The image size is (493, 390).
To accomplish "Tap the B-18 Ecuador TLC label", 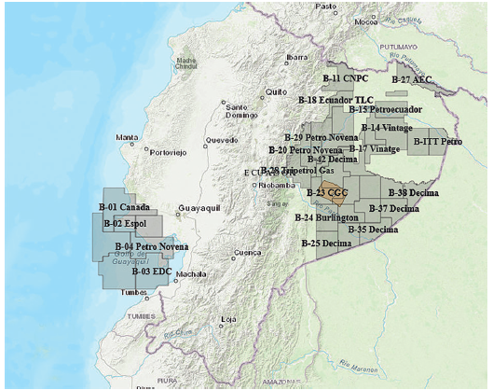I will (334, 99).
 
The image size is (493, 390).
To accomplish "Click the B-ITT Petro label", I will (437, 142).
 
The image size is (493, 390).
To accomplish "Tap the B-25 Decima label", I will (326, 243).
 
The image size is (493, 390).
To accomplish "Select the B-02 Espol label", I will (125, 224).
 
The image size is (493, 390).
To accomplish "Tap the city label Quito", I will (276, 92).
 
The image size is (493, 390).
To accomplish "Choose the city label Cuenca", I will (247, 252).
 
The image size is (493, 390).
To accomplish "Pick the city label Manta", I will (127, 138).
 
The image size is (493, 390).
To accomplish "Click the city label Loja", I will (227, 319).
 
